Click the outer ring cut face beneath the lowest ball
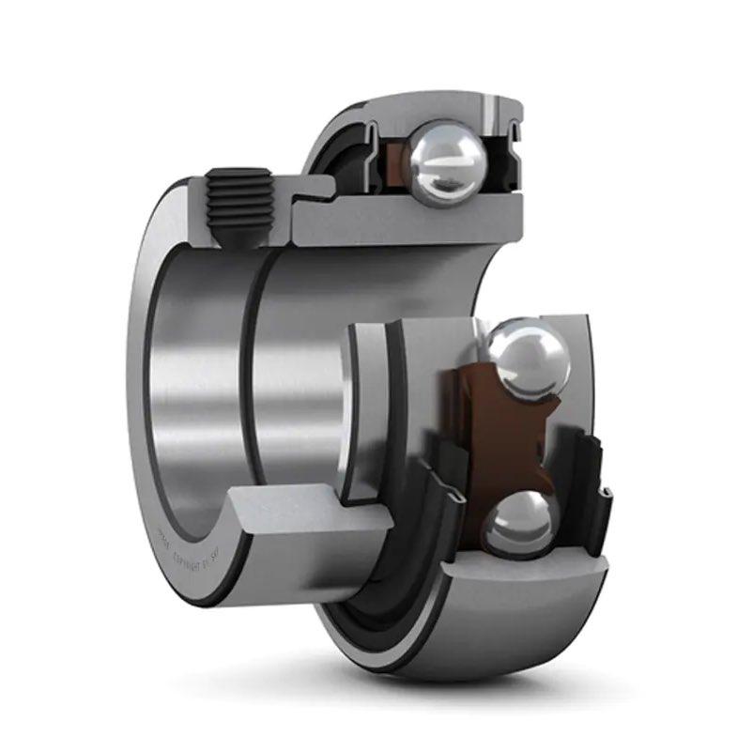[x=526, y=575]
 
